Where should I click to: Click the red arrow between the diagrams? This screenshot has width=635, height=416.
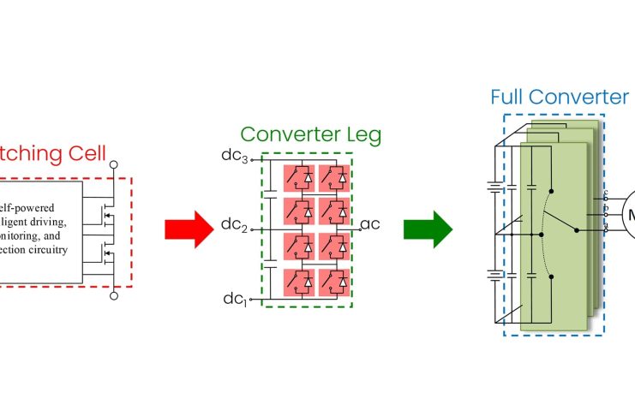pos(188,229)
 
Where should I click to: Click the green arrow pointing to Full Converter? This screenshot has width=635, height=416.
pos(434,229)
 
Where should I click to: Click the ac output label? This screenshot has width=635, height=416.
pos(370,225)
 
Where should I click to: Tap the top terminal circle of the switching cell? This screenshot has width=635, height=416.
pos(114,163)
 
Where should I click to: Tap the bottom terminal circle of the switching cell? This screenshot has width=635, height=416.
pos(114,296)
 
